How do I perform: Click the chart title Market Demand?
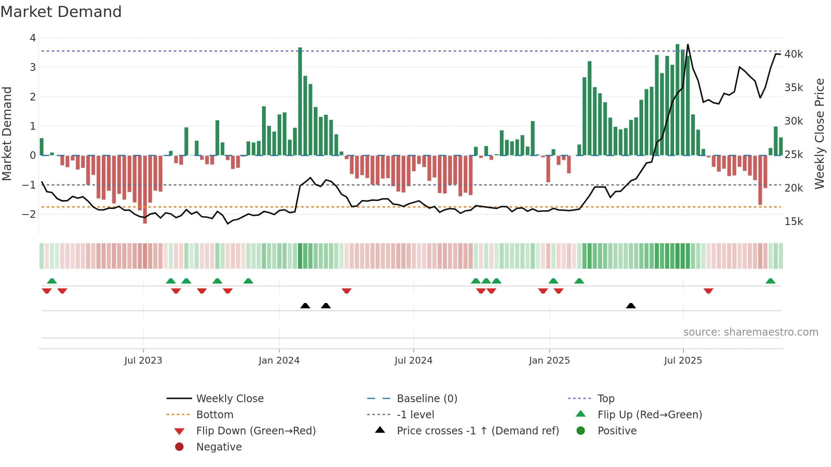[x=61, y=12]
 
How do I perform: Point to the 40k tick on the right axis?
[x=793, y=54]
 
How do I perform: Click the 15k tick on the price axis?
[x=793, y=222]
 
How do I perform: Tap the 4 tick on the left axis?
[x=33, y=38]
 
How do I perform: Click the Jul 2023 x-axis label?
[x=143, y=361]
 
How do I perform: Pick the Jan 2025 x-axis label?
[x=549, y=361]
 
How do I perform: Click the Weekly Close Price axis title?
[x=820, y=133]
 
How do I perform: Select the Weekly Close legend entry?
[x=229, y=399]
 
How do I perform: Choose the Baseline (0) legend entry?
[x=427, y=399]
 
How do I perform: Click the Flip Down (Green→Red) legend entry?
[x=256, y=431]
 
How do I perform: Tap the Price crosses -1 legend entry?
[x=477, y=431]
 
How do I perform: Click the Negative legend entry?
[x=219, y=447]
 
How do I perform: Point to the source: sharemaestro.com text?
[x=750, y=332]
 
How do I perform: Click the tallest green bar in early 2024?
[x=300, y=102]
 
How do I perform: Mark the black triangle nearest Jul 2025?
[x=631, y=306]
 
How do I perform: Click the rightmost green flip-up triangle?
[x=770, y=281]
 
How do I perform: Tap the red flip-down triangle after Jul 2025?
[x=708, y=291]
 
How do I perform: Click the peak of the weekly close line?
[x=688, y=44]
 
